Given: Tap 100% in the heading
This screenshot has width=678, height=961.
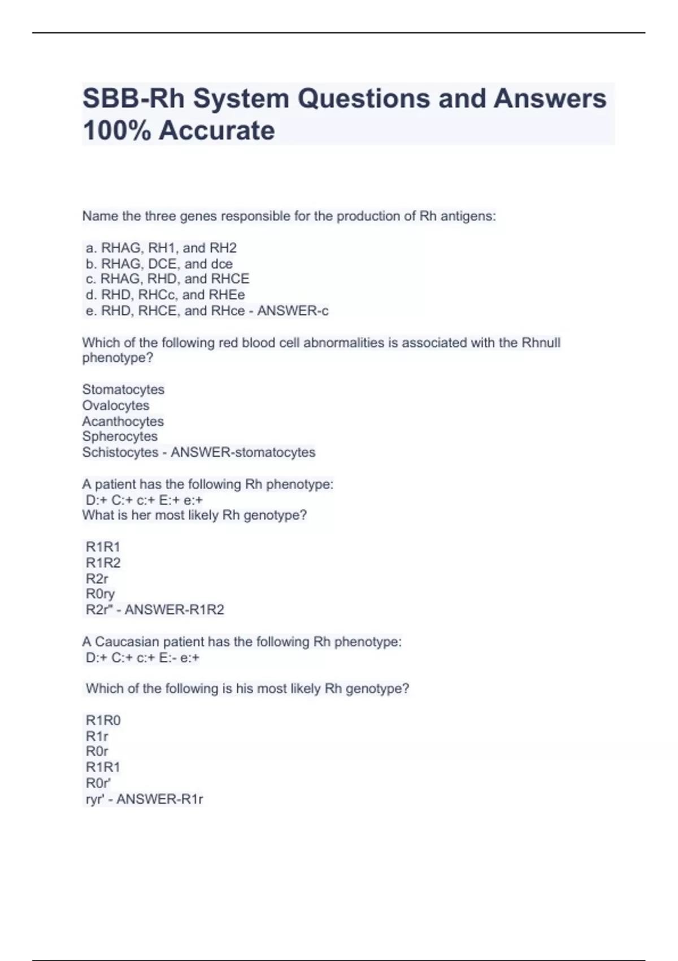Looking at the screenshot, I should (x=116, y=131).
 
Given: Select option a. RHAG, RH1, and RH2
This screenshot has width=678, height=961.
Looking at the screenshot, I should (x=161, y=248).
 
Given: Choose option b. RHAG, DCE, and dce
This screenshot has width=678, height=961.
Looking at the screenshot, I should (x=159, y=263).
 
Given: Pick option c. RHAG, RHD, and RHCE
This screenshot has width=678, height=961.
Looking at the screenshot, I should (x=167, y=279).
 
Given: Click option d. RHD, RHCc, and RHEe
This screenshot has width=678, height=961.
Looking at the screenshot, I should (x=165, y=295).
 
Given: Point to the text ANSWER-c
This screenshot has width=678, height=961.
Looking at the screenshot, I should (x=293, y=310).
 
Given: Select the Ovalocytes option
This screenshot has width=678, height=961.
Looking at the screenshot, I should (x=116, y=405).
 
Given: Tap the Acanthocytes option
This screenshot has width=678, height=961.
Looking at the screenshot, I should (x=123, y=421).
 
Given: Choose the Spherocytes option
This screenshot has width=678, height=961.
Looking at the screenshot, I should (x=120, y=436).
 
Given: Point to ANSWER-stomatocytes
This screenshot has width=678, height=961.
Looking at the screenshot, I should (x=243, y=452).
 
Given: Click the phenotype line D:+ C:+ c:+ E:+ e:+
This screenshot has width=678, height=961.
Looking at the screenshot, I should (x=144, y=500).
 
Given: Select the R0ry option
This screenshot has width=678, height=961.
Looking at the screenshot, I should (x=100, y=594).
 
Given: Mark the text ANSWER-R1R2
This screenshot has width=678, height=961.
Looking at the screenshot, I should (x=174, y=609).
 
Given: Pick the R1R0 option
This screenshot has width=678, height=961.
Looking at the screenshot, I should (x=103, y=720).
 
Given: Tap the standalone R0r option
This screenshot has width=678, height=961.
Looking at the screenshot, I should (x=97, y=751).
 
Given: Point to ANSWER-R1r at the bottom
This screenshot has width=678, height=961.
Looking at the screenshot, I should (x=159, y=799).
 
